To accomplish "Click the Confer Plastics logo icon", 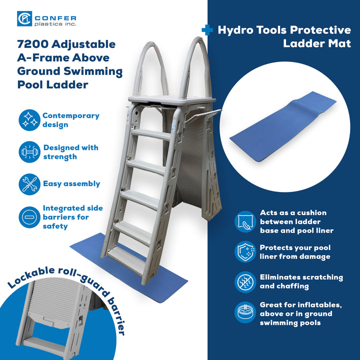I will (24, 19).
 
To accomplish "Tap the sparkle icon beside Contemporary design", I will (29, 120).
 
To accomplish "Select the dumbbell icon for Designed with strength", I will (29, 152).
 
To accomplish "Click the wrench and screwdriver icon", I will (29, 184).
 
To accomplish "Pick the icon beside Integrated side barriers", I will (29, 217).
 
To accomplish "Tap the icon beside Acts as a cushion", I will (245, 221).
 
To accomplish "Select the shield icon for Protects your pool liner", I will (245, 252).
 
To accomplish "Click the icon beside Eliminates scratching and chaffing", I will (245, 281).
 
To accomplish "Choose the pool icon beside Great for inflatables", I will (245, 313).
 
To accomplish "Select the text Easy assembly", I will (71, 184).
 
